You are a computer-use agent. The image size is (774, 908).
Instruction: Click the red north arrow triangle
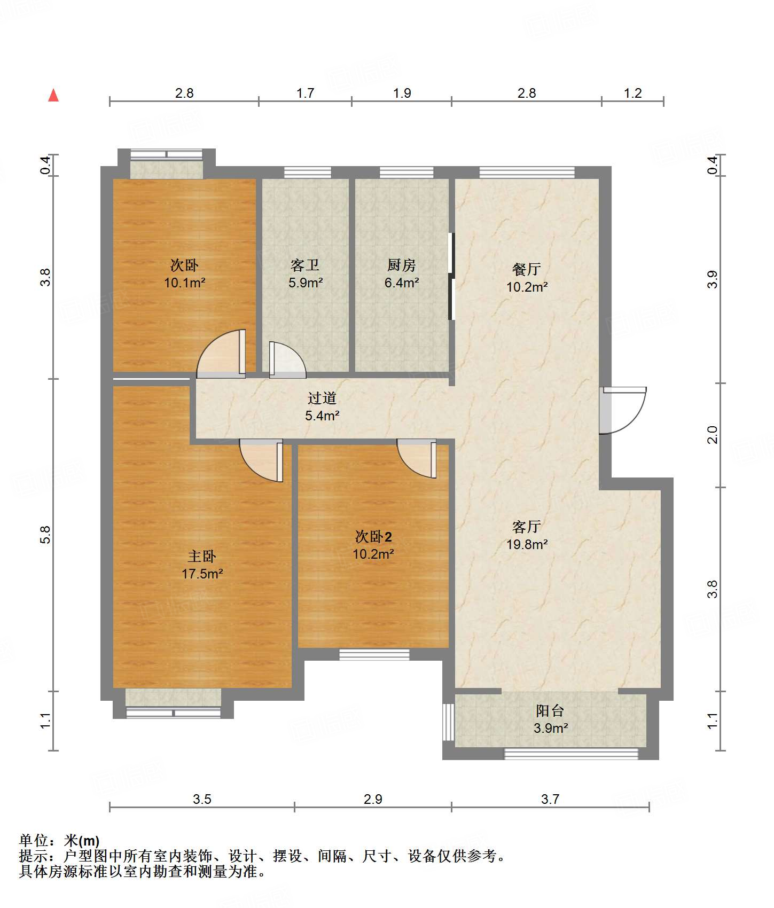[53, 95]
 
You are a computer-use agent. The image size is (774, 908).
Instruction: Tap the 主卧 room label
[202, 557]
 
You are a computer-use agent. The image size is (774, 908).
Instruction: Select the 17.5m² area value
[202, 574]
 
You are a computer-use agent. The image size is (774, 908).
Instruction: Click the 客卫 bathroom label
[305, 265]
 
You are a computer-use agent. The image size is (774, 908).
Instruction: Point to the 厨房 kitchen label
[401, 265]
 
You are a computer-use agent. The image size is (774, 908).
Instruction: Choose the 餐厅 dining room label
[527, 269]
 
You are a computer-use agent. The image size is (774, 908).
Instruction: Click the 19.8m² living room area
[527, 544]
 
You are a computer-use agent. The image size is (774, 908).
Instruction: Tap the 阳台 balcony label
[550, 710]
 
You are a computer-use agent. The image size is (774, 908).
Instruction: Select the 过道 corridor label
[322, 398]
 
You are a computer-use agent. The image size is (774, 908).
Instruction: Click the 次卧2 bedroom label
[373, 537]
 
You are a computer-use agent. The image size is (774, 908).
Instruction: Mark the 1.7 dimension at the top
[305, 93]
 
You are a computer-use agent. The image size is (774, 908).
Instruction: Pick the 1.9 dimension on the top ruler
[402, 93]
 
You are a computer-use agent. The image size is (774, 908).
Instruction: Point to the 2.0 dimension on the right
[713, 435]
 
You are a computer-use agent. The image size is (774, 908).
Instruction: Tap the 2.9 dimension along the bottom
[373, 799]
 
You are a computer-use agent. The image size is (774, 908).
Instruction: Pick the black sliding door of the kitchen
[451, 276]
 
